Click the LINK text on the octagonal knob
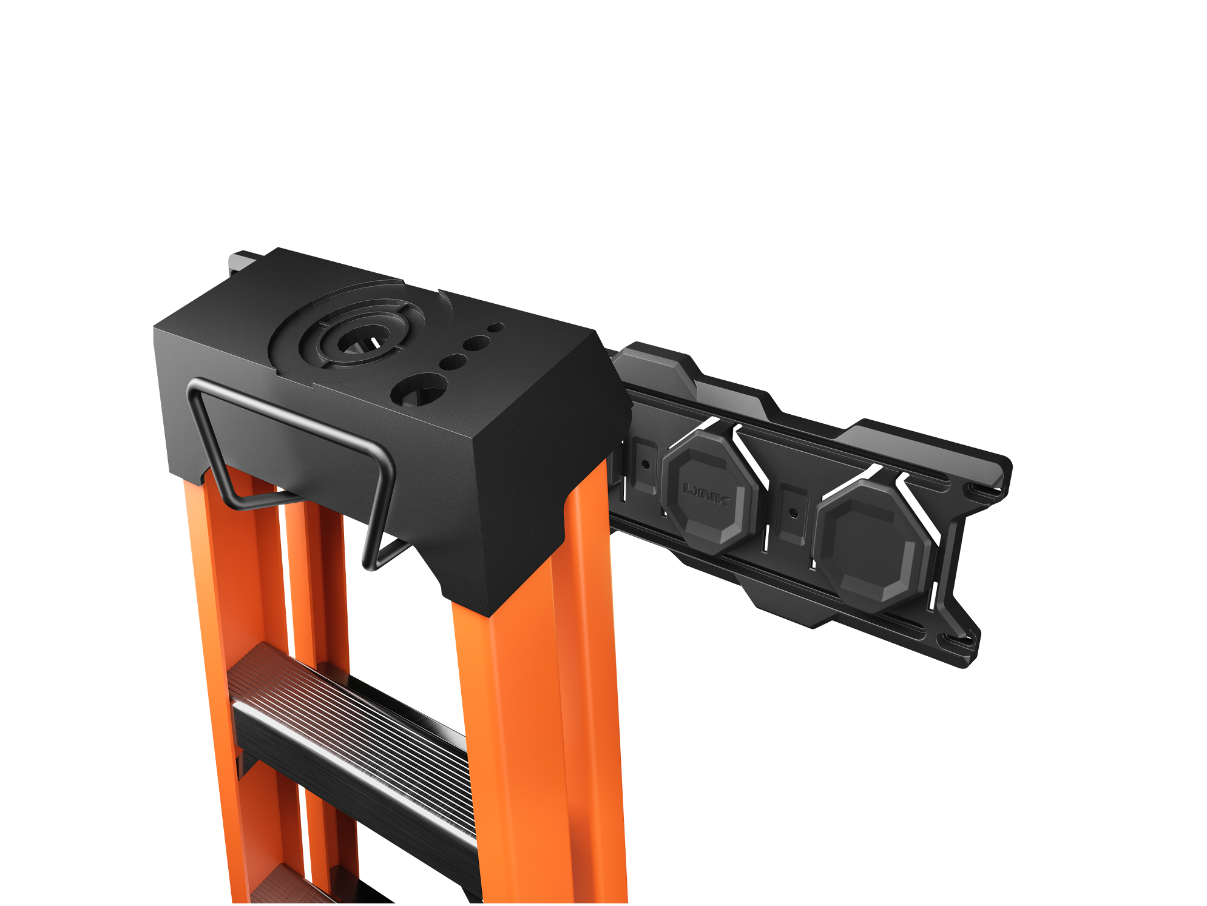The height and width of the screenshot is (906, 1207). click(x=706, y=495)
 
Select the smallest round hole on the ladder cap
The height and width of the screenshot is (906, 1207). click(x=496, y=327)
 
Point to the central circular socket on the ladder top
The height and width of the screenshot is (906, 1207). click(x=359, y=343)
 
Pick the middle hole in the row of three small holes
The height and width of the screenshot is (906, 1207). click(x=475, y=344)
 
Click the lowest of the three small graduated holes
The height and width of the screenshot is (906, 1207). click(x=453, y=363)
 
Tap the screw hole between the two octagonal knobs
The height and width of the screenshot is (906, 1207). click(x=793, y=513)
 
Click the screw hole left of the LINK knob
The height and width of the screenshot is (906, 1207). click(x=646, y=465)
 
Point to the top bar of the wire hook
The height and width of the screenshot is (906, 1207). click(x=285, y=412)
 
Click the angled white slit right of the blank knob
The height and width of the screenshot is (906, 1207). click(x=918, y=506)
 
